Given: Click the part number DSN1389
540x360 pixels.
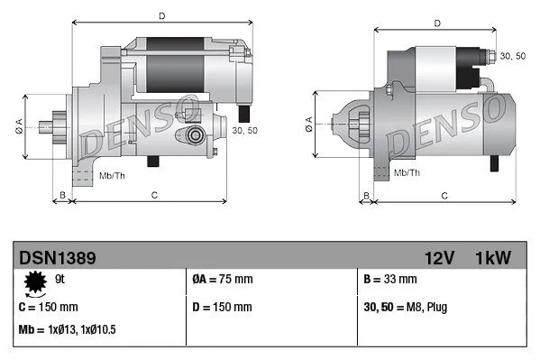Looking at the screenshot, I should [x=58, y=259].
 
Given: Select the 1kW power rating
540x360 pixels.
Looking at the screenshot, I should [x=493, y=259].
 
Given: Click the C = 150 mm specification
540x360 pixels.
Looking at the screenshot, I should [x=48, y=307].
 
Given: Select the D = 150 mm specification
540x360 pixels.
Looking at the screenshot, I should [x=223, y=307].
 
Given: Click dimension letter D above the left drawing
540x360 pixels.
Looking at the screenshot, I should [x=162, y=15].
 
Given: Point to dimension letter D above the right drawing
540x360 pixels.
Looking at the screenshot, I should [x=436, y=23].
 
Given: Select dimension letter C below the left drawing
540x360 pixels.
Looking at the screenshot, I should [x=155, y=194].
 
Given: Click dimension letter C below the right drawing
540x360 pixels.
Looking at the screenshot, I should [x=444, y=196].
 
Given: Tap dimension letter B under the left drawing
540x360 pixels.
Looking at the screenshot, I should [x=61, y=194].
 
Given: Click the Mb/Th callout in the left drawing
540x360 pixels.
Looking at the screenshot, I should [x=113, y=173].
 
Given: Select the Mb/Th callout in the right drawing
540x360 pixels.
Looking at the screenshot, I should [x=407, y=171].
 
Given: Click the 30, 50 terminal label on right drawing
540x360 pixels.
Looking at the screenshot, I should [x=512, y=56].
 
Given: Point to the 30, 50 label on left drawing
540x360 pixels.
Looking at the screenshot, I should [x=244, y=132].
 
